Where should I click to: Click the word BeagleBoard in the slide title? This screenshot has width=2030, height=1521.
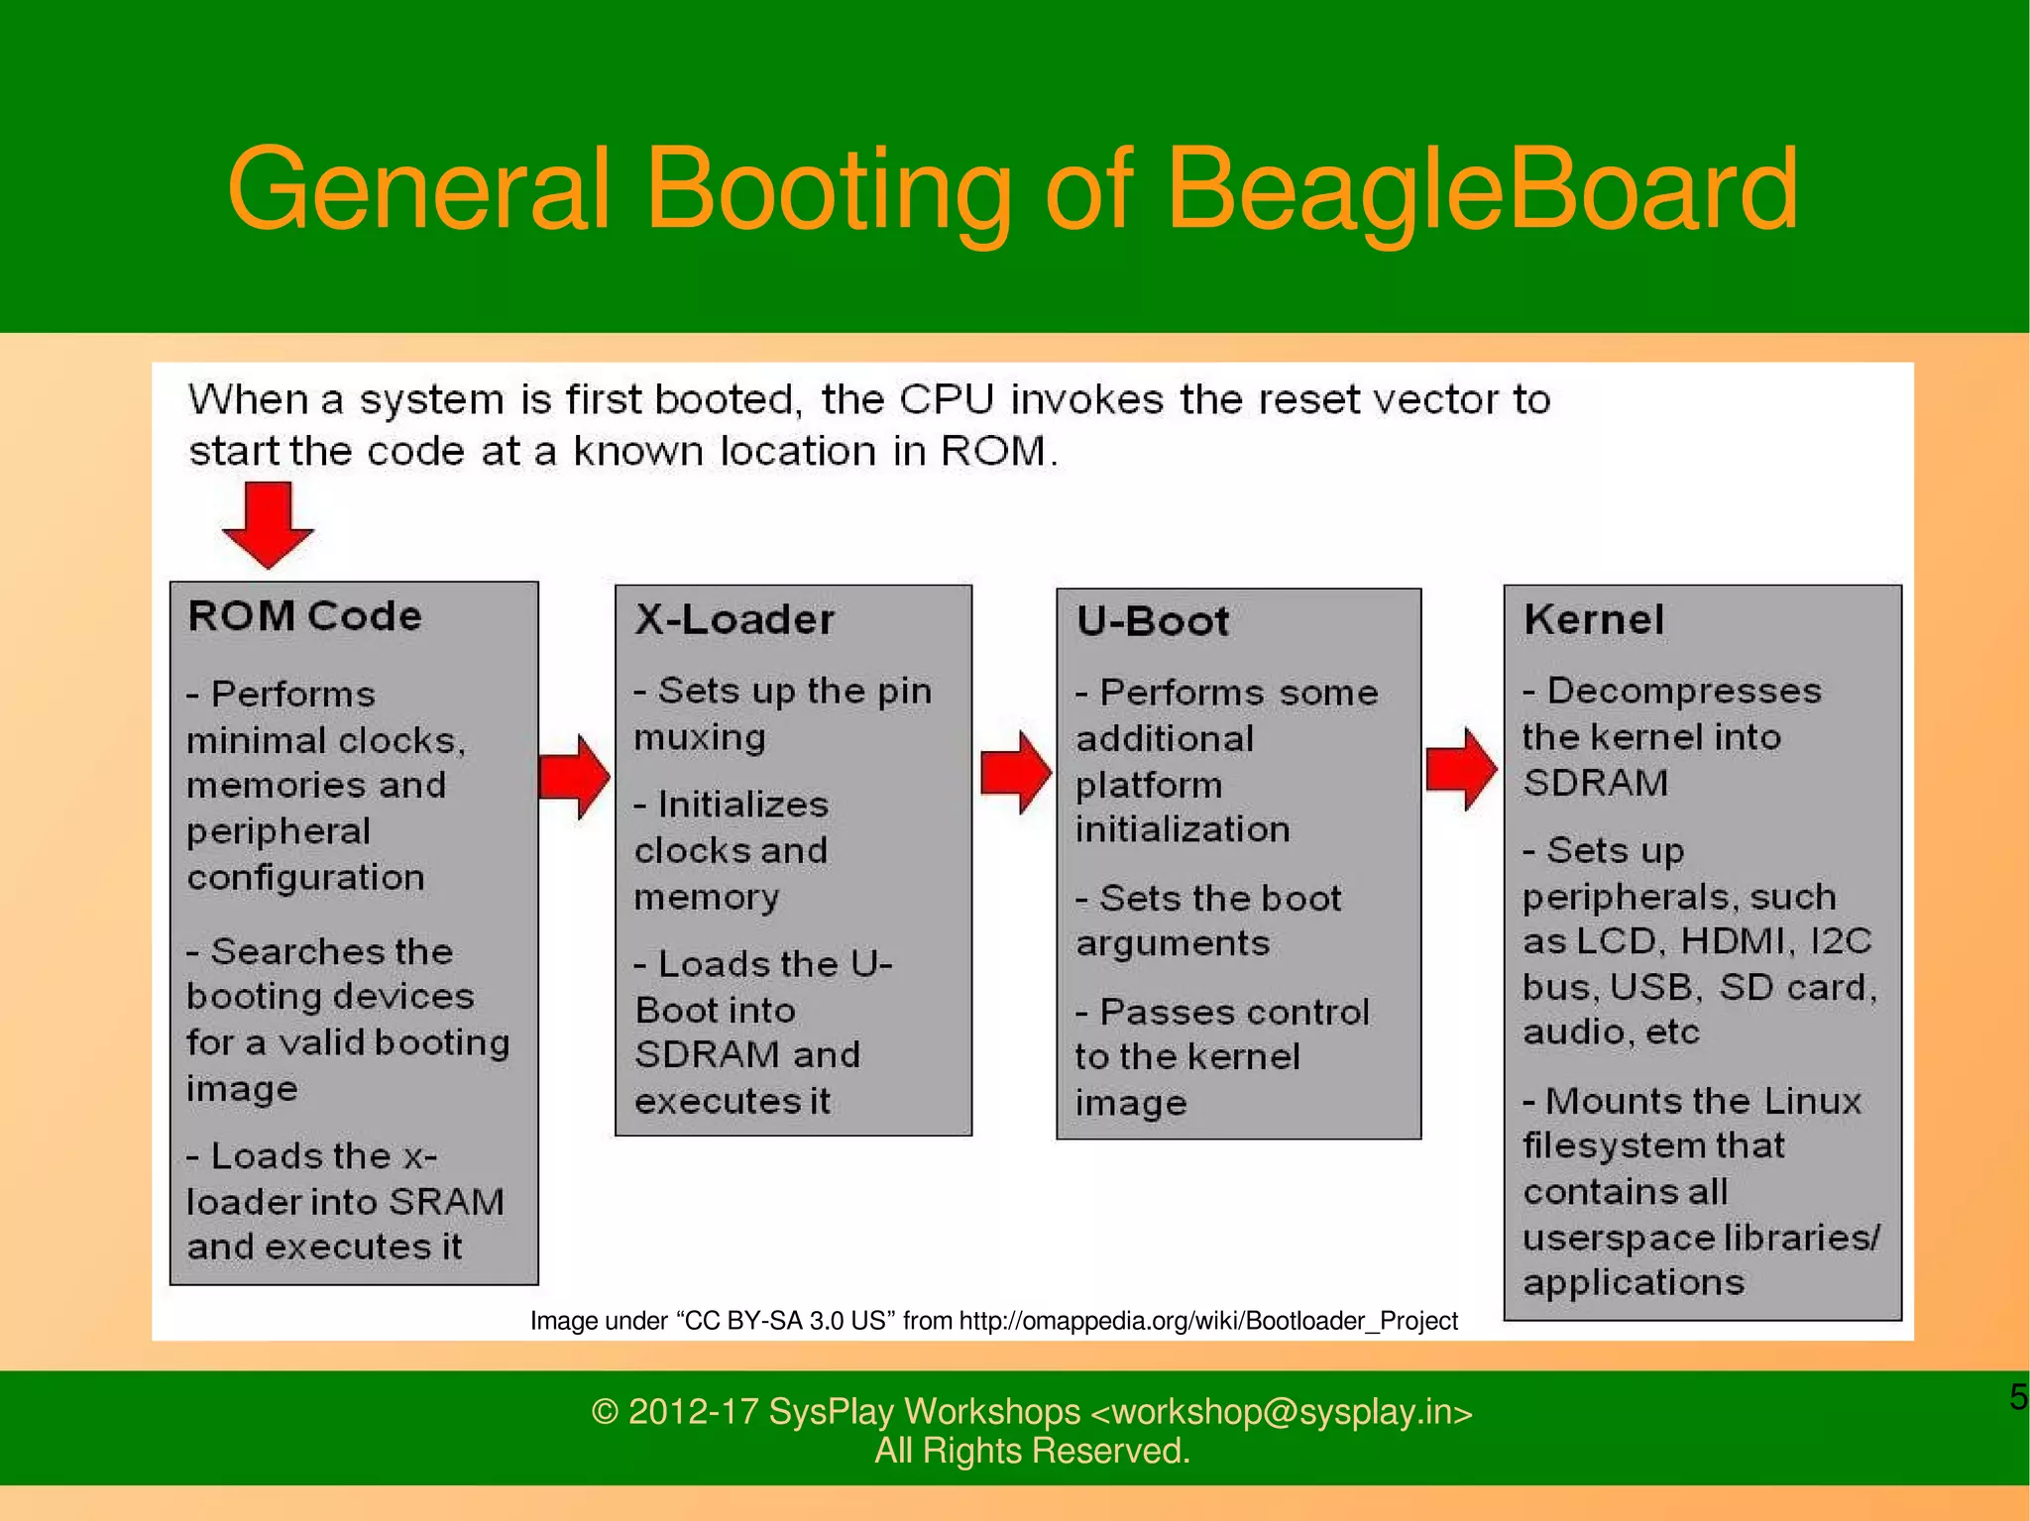coord(1481,190)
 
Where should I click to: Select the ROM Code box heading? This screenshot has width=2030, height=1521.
coord(304,616)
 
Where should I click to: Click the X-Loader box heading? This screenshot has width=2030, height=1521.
coord(734,620)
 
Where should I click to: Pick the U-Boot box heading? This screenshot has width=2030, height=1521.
coord(1153,622)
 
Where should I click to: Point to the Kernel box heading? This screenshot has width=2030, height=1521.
coord(1594,620)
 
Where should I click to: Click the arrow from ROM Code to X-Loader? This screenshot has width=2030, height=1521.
coord(574,777)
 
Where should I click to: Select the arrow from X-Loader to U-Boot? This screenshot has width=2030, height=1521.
coord(1015,773)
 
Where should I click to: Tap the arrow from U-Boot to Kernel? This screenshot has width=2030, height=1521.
coord(1461,769)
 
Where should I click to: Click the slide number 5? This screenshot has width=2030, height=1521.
coord(2018,1397)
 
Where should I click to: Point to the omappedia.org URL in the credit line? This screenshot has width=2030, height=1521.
coord(1208,1321)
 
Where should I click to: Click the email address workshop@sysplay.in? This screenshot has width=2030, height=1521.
coord(1281,1411)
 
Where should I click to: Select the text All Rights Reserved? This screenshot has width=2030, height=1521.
coord(1032,1451)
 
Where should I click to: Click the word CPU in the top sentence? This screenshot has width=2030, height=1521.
coord(947,400)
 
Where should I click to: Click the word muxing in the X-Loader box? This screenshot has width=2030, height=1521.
coord(700,738)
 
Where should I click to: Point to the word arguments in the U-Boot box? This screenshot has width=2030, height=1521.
coord(1173,943)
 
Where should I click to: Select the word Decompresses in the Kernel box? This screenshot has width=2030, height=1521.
coord(1684,691)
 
